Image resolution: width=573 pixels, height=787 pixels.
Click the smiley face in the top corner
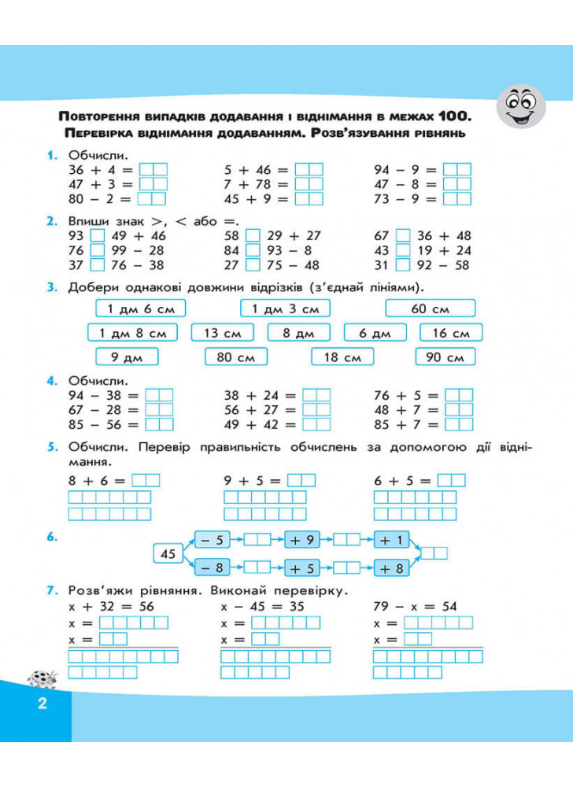pos(523,106)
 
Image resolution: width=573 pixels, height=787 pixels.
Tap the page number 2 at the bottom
pos(43,703)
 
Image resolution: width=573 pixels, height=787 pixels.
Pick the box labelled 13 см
pos(222,333)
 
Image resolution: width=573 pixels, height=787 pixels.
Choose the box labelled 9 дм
pos(120,357)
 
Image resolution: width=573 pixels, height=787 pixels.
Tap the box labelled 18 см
pos(342,357)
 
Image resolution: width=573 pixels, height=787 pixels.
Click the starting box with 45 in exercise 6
pos(168,554)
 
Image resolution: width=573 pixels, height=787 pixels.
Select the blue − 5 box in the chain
pos(211,540)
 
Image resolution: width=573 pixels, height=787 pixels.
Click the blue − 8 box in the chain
pos(211,567)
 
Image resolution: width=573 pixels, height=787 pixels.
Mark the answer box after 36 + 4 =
pos(153,169)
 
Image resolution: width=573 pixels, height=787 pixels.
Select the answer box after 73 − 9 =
pos(457,198)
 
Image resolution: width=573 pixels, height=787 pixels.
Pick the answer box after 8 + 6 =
pos(146,480)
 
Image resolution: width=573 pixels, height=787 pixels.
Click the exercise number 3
pos(51,287)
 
